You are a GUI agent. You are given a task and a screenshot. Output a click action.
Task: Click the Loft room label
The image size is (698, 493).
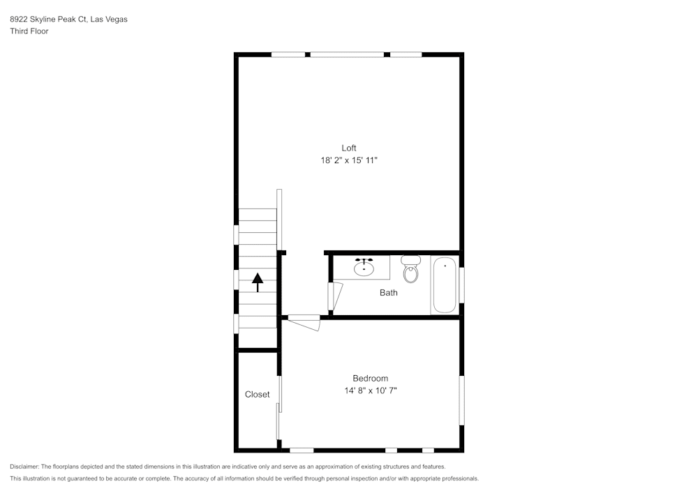tap(349, 148)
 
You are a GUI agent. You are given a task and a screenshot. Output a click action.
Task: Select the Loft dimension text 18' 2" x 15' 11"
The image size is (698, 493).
tap(349, 160)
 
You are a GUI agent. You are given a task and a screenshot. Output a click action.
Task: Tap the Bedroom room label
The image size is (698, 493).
tap(370, 379)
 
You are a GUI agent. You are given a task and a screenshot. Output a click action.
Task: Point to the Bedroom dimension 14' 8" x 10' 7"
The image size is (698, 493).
tap(370, 391)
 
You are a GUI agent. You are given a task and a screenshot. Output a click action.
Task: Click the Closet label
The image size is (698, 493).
tap(257, 395)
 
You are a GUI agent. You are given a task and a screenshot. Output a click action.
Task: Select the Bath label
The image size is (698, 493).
tap(389, 293)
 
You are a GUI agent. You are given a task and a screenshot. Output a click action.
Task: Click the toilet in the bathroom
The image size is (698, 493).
tap(411, 270)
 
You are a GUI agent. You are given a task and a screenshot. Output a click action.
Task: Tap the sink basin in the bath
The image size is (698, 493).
tap(364, 267)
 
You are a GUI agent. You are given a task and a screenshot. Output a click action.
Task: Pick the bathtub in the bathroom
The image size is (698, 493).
tap(445, 286)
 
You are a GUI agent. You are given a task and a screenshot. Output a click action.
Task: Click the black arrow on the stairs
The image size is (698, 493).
tap(258, 281)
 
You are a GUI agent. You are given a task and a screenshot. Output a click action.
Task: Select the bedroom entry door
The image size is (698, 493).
tap(304, 321)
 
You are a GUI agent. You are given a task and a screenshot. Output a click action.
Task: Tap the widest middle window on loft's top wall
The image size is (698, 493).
tap(347, 54)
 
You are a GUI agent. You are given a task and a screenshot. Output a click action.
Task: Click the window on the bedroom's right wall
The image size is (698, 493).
tap(461, 400)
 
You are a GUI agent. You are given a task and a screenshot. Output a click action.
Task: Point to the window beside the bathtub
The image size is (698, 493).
tap(461, 285)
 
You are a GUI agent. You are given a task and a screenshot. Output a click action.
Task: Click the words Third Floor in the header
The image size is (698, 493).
tap(29, 31)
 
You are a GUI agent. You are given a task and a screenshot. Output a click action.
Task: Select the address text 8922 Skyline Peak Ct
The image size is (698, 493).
tap(48, 20)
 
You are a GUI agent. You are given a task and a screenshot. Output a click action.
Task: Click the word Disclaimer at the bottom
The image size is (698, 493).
tap(24, 467)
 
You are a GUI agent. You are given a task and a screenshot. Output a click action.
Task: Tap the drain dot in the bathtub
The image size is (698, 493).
tap(445, 266)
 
